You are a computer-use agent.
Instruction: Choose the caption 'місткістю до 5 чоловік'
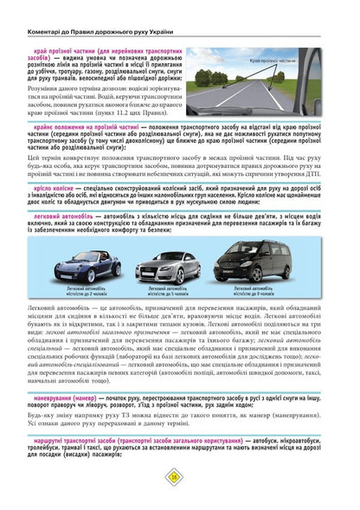coord(177,291)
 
